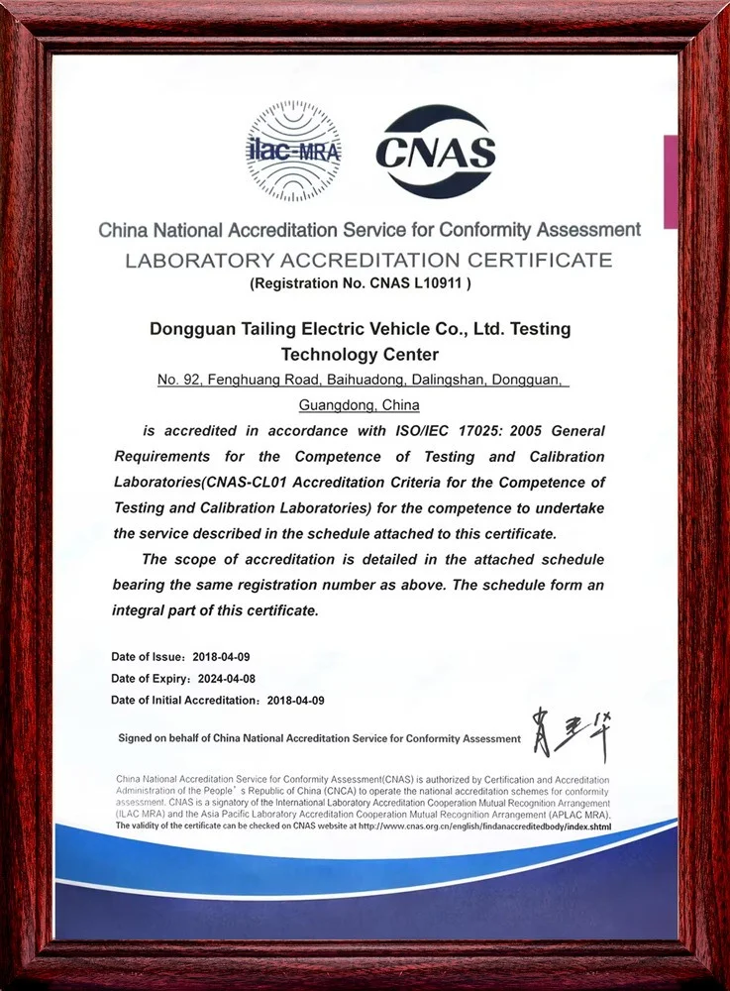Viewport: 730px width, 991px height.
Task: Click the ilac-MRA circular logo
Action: tap(294, 155)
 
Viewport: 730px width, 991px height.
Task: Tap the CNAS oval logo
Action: tap(436, 153)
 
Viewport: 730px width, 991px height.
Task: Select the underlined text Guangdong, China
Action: tap(359, 404)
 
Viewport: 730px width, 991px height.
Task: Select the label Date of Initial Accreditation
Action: tap(184, 701)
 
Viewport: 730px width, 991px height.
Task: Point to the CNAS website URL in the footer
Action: tap(484, 826)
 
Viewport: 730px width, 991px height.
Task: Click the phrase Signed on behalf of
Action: tap(163, 738)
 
